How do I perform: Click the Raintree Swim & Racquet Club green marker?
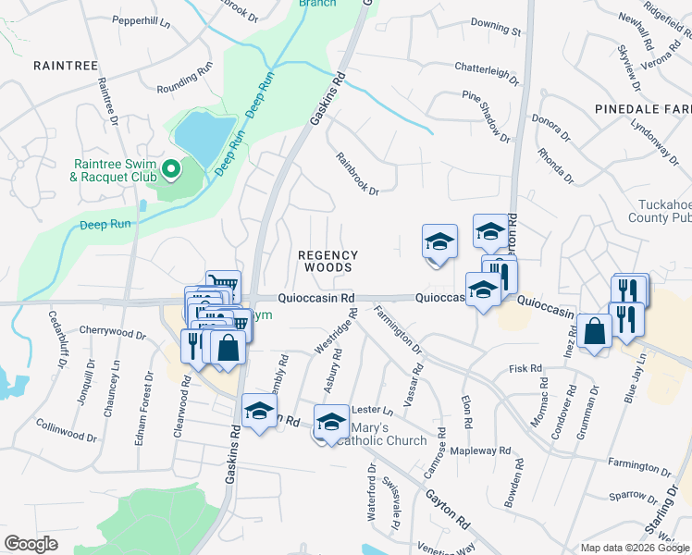170,169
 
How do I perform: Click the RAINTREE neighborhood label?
59,65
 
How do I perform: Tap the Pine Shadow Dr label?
487,116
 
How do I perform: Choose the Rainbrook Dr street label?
358,174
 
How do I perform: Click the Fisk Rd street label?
525,368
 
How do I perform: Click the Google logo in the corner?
31,544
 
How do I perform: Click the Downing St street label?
496,31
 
